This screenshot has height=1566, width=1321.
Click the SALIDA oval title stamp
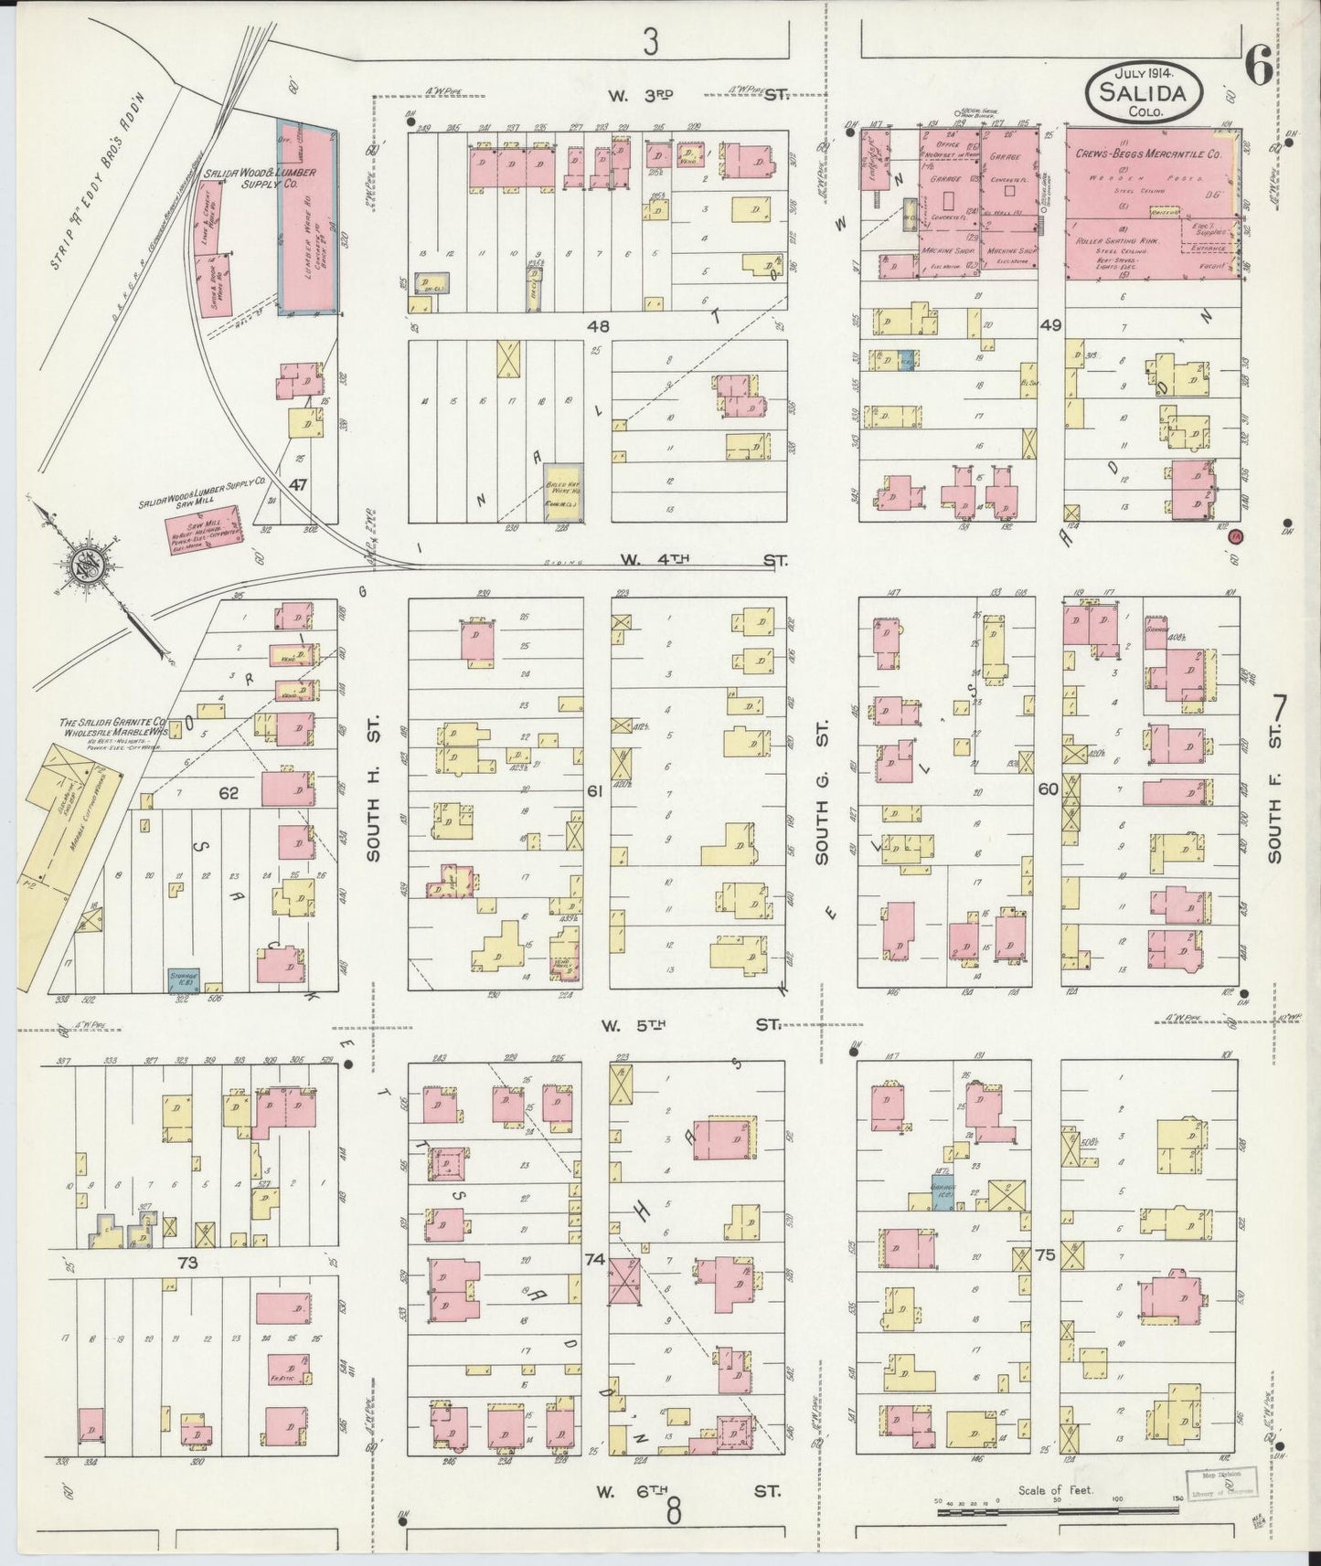coord(1144,88)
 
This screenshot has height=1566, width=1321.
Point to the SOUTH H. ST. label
coord(373,794)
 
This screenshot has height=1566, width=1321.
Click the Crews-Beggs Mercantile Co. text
coord(1147,155)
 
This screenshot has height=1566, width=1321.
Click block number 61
coord(595,791)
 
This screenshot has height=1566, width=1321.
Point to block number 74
coord(594,1259)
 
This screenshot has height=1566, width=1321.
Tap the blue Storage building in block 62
coord(184,979)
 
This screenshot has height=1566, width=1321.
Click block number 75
coord(1046,1255)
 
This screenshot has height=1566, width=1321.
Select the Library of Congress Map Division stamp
coord(1220,1487)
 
